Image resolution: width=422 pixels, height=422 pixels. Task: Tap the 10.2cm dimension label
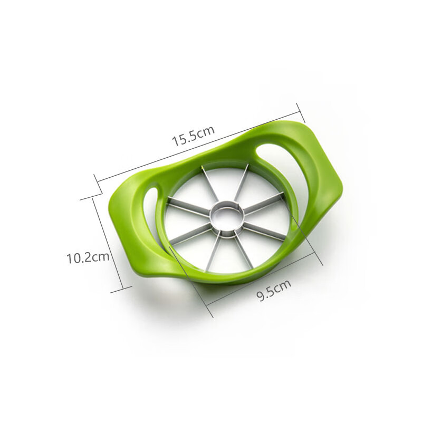pyautogui.click(x=88, y=257)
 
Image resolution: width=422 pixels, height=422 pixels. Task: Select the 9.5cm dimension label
pyautogui.click(x=274, y=290)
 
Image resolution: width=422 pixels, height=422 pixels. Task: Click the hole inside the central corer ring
pyautogui.click(x=227, y=217)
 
